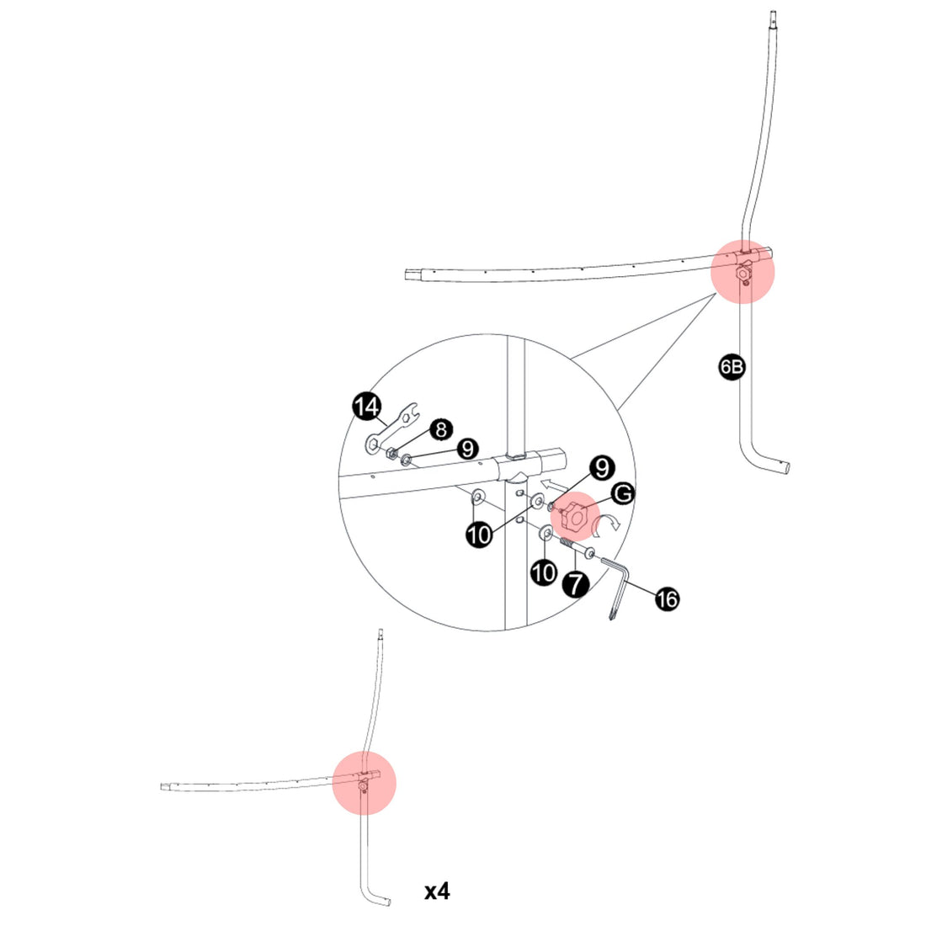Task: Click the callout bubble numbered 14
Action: (x=366, y=407)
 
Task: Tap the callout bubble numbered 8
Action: (x=439, y=429)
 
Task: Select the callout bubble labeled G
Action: (x=623, y=492)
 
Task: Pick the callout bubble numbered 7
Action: (x=576, y=583)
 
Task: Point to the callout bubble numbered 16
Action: (x=666, y=599)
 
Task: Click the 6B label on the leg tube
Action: (x=732, y=367)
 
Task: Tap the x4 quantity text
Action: (x=437, y=891)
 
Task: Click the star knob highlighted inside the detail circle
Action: (x=576, y=518)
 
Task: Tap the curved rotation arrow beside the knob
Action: (x=607, y=525)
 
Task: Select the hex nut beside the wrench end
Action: (x=392, y=454)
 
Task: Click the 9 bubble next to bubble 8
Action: (x=468, y=450)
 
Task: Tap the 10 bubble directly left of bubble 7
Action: (x=544, y=572)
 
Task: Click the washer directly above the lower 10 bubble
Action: (x=545, y=533)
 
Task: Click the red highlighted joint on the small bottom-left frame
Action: (x=364, y=781)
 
